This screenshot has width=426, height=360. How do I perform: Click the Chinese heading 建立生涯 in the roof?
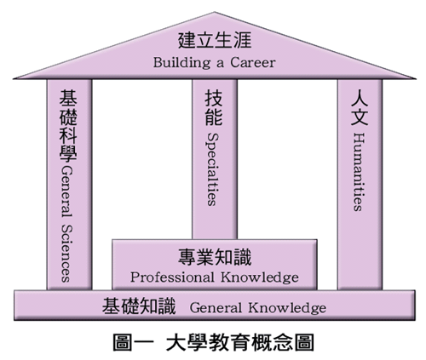(x=215, y=40)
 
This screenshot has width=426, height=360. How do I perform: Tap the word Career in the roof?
(x=253, y=62)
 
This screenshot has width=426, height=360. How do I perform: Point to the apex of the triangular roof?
(x=215, y=12)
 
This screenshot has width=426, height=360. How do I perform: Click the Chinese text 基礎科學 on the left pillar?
(x=68, y=125)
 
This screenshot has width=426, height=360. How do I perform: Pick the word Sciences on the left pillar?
(x=67, y=254)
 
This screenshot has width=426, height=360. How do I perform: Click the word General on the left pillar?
(x=67, y=192)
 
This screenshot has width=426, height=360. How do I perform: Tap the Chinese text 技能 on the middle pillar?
(x=214, y=107)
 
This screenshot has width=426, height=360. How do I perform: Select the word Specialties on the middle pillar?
(x=212, y=169)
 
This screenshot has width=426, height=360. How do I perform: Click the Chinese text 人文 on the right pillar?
(x=360, y=107)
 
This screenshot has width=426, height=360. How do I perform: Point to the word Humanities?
(x=358, y=172)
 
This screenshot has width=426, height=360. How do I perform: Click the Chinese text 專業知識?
(x=215, y=257)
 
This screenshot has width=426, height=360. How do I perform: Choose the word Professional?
(x=172, y=277)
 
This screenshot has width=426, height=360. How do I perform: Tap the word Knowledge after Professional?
(x=260, y=277)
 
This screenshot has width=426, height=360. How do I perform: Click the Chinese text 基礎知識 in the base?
(x=139, y=306)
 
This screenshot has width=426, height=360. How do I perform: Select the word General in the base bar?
(x=216, y=308)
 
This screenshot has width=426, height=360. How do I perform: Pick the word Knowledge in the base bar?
(x=287, y=308)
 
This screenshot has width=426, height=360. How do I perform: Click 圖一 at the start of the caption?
(x=133, y=343)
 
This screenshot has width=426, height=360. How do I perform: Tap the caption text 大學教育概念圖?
(x=240, y=343)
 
